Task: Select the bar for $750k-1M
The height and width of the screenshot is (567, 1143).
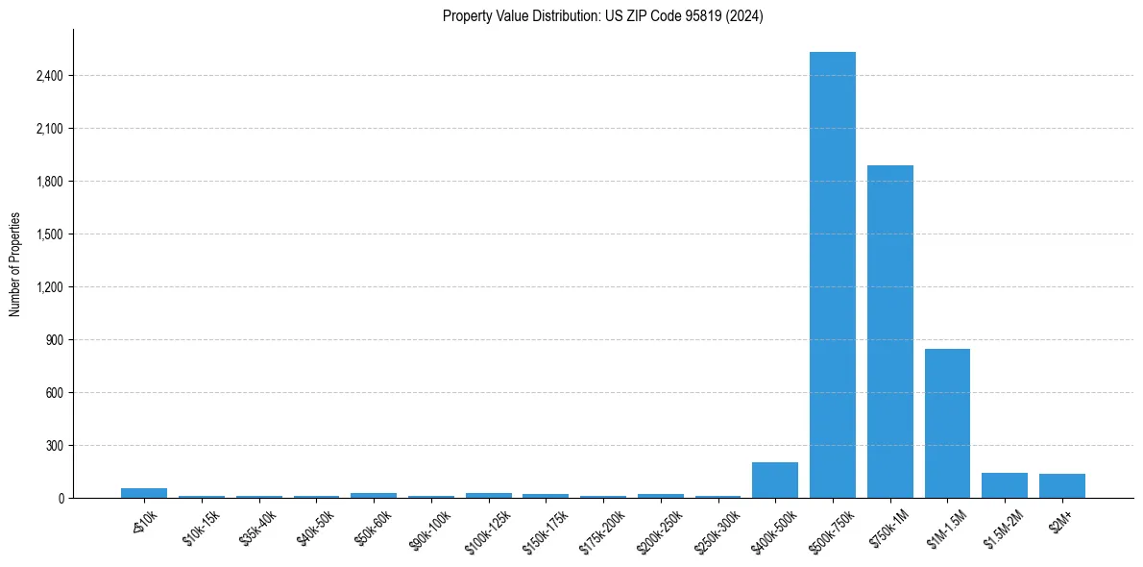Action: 889,332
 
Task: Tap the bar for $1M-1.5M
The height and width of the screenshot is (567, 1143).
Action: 947,423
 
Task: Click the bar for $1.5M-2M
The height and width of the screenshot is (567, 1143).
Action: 1005,485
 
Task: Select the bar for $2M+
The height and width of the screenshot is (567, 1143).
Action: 1061,486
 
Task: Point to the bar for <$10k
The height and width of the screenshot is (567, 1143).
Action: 144,493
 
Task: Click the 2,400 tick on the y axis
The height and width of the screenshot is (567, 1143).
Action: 49,76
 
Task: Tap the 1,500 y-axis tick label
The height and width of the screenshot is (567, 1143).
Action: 49,234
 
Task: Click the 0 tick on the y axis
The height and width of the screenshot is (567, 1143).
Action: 60,499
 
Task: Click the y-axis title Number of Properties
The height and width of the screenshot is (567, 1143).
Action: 14,264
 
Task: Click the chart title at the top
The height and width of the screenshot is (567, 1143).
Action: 602,16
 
